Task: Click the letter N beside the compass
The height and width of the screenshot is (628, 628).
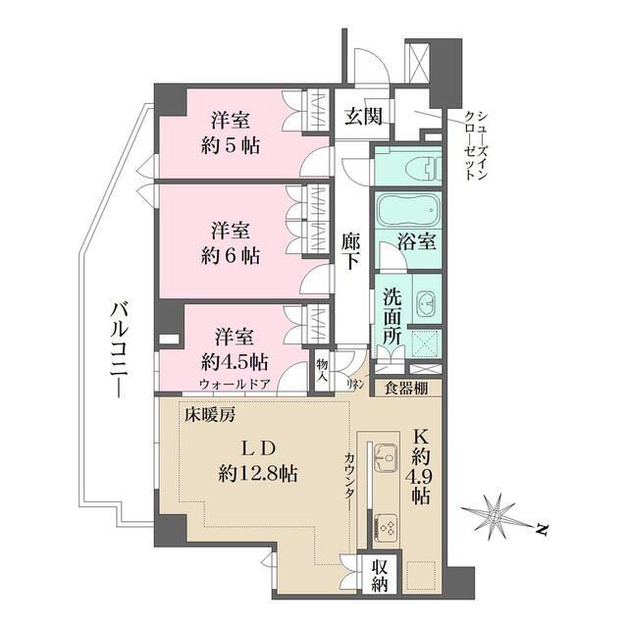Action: point(541,531)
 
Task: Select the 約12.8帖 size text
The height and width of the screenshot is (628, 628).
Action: point(260,473)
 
